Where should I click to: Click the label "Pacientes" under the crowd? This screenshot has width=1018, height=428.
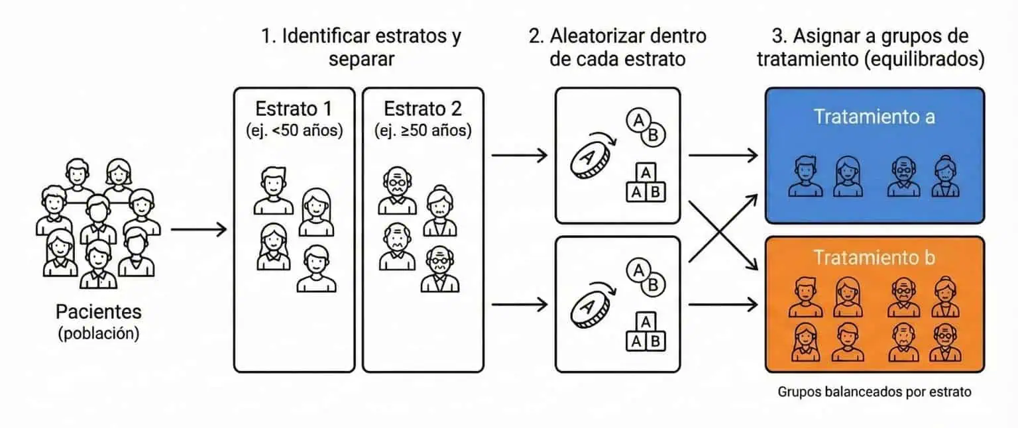point(98,312)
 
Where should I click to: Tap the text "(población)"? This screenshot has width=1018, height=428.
point(98,333)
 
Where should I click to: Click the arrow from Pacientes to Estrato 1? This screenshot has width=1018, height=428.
point(198,230)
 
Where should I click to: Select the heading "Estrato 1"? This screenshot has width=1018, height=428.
point(294,108)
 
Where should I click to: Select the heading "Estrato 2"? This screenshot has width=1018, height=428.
point(423,108)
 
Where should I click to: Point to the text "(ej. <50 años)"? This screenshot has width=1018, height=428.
point(294,131)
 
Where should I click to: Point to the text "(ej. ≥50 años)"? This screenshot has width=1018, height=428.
point(423,131)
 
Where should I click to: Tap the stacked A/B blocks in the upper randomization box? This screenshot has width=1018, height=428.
point(646,183)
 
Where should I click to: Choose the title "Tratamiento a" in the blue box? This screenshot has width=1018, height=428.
point(874,117)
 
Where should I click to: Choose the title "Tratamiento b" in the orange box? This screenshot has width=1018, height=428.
point(874,257)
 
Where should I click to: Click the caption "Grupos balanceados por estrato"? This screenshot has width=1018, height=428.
point(874,392)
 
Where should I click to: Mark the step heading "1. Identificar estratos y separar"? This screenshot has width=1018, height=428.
point(361,46)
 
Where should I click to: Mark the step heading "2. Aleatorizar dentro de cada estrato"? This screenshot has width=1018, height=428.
point(617,46)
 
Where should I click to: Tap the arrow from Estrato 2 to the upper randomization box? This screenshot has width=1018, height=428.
point(519,156)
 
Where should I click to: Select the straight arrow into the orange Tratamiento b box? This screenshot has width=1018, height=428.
point(722,305)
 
